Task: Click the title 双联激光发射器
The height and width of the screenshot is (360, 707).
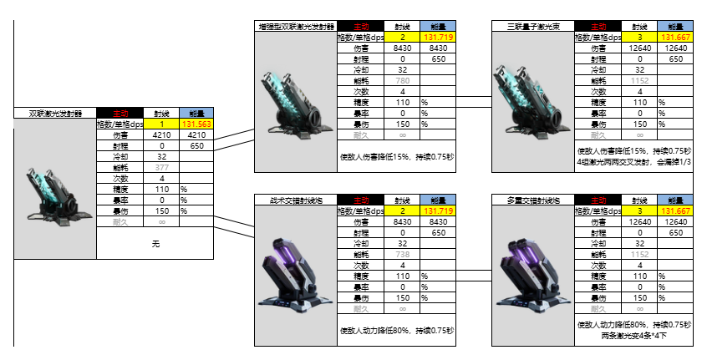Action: (x=55, y=112)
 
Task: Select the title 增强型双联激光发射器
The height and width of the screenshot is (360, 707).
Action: (x=294, y=27)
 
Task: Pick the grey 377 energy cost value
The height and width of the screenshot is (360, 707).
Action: (x=162, y=167)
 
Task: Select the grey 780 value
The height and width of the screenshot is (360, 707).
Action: (x=402, y=81)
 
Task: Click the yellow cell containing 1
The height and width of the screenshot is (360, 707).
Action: (x=162, y=123)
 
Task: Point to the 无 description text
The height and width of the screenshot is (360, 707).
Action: (x=155, y=244)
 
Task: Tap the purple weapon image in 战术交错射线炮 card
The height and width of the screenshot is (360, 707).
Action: (x=294, y=271)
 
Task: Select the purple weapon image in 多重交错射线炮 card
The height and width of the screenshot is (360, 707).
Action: (x=532, y=271)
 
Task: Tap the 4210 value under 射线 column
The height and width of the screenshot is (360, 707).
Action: (x=162, y=134)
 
